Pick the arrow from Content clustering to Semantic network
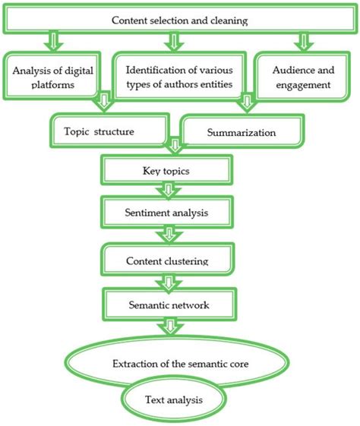point(166,282)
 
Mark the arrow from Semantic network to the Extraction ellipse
point(166,327)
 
